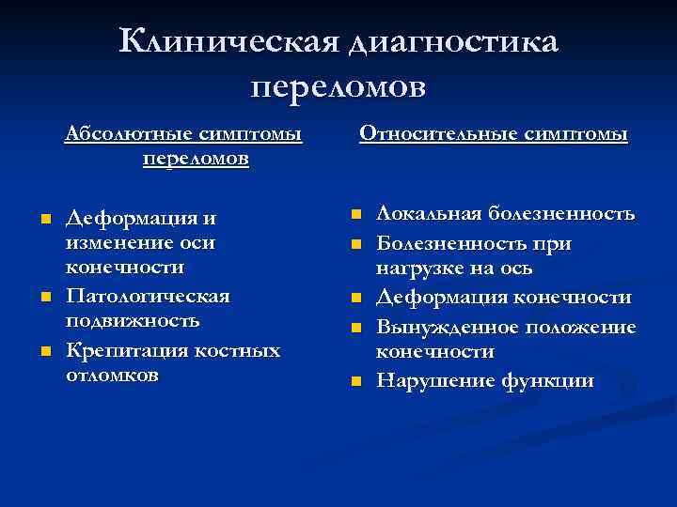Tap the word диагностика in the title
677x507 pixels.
click(452, 43)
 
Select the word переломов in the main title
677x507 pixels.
click(338, 86)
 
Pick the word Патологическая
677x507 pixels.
click(148, 297)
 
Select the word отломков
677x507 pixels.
click(112, 375)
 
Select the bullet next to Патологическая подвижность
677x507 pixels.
click(44, 298)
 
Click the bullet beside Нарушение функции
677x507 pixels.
click(354, 381)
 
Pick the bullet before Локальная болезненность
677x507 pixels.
click(354, 215)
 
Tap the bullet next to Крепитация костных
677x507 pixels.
click(44, 352)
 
